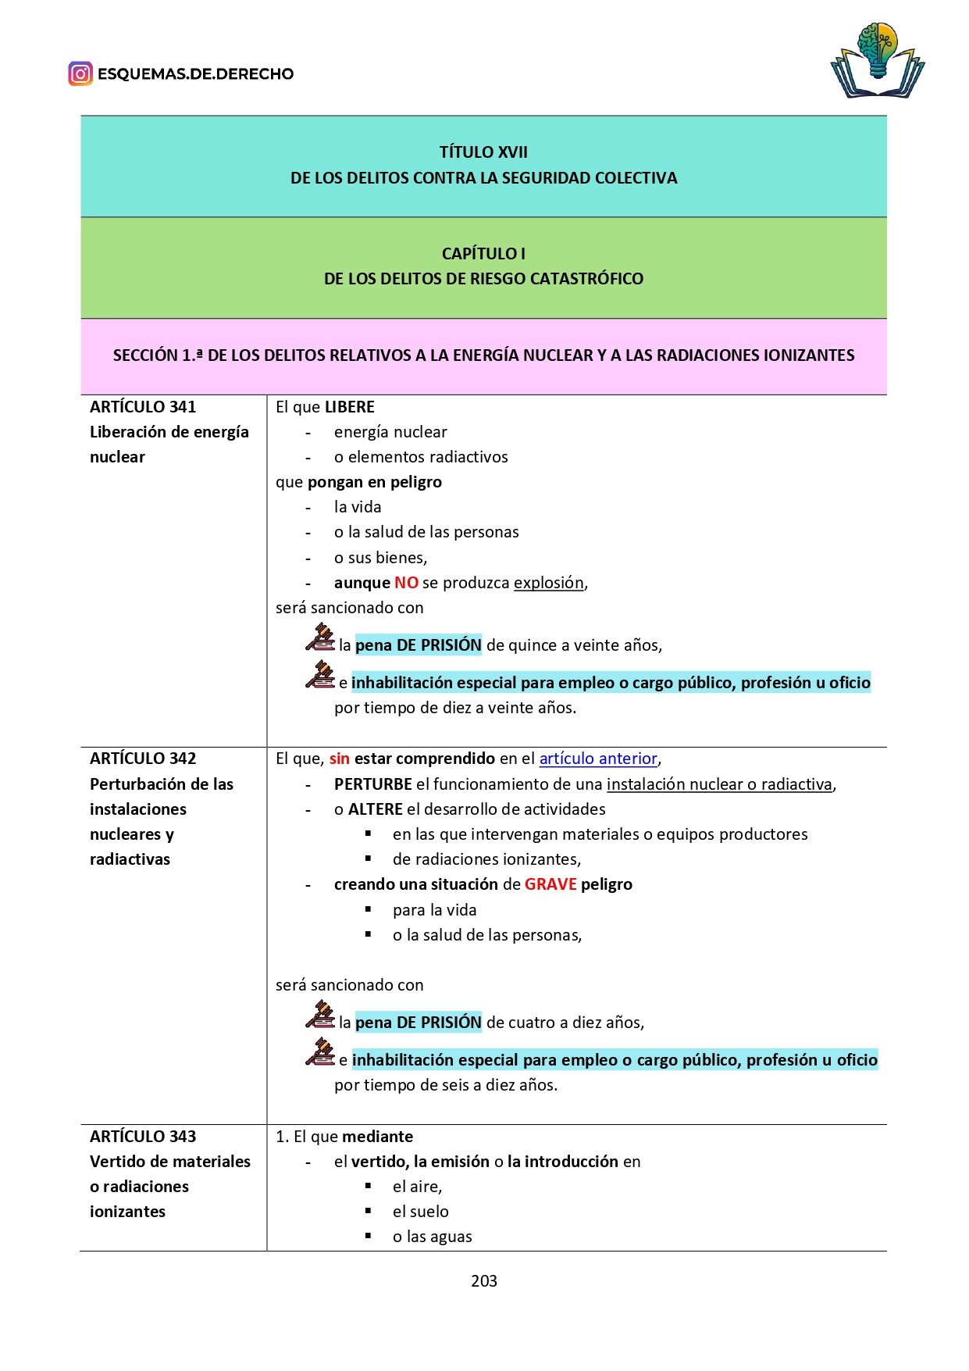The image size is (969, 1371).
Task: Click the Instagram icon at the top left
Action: (80, 74)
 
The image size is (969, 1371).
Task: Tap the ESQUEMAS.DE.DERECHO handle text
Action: (195, 74)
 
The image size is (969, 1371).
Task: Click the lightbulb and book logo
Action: (878, 60)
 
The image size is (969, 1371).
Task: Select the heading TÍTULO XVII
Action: (483, 152)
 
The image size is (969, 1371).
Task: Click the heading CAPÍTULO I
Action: (483, 254)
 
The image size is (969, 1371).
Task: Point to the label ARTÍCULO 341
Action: (143, 407)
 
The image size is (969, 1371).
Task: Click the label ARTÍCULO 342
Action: (143, 759)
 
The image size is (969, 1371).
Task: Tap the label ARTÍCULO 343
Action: (143, 1137)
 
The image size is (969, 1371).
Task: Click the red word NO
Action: (406, 583)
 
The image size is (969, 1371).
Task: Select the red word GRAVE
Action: (550, 884)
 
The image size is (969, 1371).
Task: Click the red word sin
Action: (340, 759)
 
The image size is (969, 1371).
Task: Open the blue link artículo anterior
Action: (598, 759)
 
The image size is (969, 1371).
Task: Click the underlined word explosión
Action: (549, 583)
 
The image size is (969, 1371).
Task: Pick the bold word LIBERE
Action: (350, 407)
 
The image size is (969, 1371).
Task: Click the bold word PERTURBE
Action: (373, 784)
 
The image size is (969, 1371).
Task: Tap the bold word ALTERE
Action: (376, 809)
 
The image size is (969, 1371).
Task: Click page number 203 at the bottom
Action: (484, 1281)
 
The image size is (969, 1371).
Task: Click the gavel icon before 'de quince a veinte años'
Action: (320, 637)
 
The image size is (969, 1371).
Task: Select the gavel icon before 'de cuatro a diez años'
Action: (320, 1015)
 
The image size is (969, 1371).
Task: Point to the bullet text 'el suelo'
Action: (421, 1212)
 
